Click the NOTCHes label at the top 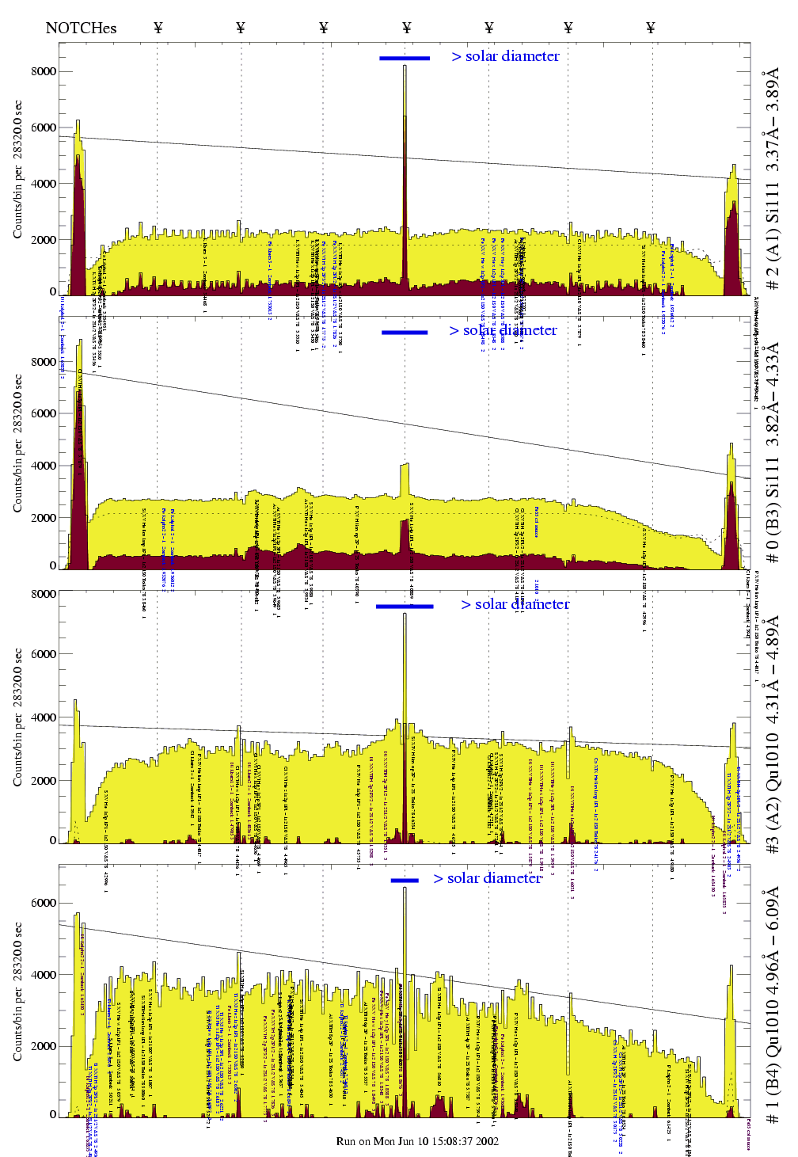click(81, 29)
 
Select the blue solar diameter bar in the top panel click(405, 58)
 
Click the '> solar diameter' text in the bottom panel click(488, 878)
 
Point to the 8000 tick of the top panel click(44, 71)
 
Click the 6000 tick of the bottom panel click(44, 903)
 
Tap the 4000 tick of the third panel click(44, 717)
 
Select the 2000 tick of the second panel click(44, 518)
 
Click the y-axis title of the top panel click(17, 169)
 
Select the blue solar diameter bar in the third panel click(405, 607)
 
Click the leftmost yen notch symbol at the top click(158, 29)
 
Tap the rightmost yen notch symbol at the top click(650, 29)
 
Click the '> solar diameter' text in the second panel click(503, 330)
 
